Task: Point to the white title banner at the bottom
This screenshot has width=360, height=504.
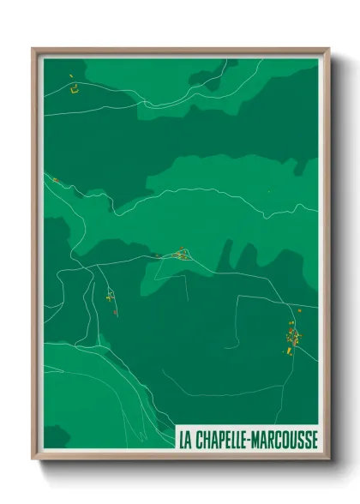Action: click(246, 438)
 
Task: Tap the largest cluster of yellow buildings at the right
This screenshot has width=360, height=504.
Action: click(291, 336)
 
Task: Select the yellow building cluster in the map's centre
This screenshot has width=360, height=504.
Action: click(181, 254)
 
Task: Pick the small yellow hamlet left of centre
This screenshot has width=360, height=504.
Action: click(110, 297)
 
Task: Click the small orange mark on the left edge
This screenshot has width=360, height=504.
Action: click(55, 180)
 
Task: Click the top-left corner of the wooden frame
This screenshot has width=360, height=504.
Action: click(33, 49)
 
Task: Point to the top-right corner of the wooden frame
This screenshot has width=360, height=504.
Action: click(328, 49)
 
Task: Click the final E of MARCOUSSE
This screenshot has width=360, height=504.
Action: click(314, 438)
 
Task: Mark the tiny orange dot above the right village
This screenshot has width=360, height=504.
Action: click(299, 309)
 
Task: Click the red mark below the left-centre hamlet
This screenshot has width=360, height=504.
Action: click(115, 313)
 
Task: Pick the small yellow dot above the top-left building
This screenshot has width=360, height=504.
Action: click(70, 75)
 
